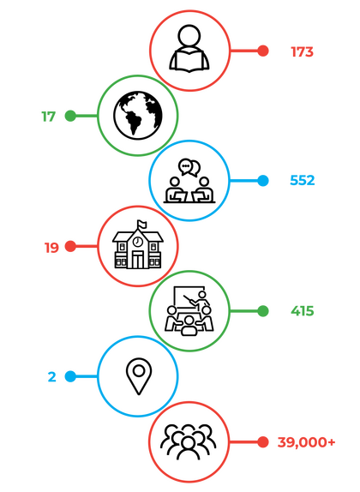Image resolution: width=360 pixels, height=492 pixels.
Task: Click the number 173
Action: pyautogui.click(x=302, y=51)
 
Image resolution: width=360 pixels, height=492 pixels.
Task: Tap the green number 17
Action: pyautogui.click(x=49, y=117)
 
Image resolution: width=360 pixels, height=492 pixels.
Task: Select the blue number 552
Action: pyautogui.click(x=303, y=180)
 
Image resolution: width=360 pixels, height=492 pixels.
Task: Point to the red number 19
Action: pyautogui.click(x=51, y=248)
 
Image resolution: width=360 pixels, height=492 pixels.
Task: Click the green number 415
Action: pyautogui.click(x=303, y=311)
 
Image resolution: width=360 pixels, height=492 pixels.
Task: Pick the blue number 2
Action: pyautogui.click(x=52, y=376)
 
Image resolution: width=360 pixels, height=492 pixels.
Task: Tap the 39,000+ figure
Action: pyautogui.click(x=306, y=442)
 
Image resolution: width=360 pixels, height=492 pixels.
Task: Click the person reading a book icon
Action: pyautogui.click(x=189, y=49)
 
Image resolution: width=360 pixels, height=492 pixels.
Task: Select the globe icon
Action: pyautogui.click(x=138, y=115)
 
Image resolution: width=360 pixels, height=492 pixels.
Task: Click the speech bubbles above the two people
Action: pyautogui.click(x=189, y=167)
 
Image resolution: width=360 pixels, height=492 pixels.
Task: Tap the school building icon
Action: pyautogui.click(x=138, y=245)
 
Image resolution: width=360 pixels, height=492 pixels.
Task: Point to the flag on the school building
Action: pyautogui.click(x=141, y=224)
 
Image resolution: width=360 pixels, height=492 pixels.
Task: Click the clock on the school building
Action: pyautogui.click(x=137, y=242)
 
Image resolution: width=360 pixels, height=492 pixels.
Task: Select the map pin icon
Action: pyautogui.click(x=139, y=376)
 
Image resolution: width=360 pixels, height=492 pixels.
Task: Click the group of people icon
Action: pyautogui.click(x=189, y=441)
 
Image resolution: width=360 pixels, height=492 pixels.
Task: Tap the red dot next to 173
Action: pyautogui.click(x=263, y=51)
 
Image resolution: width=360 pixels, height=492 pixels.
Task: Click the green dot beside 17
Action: pyautogui.click(x=70, y=116)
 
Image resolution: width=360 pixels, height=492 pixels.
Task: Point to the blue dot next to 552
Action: pyautogui.click(x=263, y=181)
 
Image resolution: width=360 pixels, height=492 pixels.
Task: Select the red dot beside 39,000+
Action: pyautogui.click(x=263, y=441)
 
